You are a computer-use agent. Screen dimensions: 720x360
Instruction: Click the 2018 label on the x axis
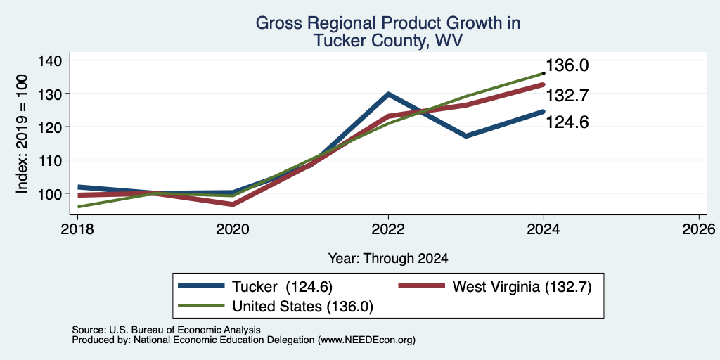77,229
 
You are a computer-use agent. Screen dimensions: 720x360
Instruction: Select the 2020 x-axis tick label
233,229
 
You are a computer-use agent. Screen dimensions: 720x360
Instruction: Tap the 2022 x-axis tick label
388,229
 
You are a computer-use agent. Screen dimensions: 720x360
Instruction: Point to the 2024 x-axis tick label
544,229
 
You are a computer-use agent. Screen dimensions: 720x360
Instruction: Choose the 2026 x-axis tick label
699,229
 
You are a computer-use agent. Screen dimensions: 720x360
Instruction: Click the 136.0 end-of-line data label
567,65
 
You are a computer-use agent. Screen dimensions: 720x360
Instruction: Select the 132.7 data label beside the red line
567,96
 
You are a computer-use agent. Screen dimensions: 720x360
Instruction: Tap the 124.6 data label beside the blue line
567,122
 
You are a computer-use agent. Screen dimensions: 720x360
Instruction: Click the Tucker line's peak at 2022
388,94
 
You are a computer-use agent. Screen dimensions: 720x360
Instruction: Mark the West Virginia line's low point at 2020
233,205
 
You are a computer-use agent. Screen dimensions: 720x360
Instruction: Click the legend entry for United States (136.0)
276,307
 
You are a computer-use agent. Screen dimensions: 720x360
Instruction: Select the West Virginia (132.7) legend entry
494,287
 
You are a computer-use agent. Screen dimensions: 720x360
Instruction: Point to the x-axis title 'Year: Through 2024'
388,259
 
